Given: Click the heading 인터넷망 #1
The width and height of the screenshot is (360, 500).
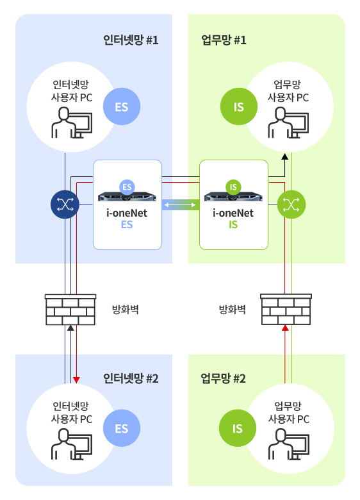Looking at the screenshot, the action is tap(131, 40).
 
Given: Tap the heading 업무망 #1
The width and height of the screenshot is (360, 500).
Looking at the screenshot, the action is tap(224, 40).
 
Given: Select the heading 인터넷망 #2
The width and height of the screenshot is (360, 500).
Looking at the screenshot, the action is tap(131, 378).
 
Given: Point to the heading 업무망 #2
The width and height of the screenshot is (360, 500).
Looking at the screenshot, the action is tap(223, 378).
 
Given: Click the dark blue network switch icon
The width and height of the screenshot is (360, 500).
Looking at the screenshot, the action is tap(65, 204).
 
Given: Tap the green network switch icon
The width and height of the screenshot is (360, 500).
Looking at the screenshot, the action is tap(291, 204).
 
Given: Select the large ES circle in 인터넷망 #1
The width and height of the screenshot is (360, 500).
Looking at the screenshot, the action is tap(122, 106).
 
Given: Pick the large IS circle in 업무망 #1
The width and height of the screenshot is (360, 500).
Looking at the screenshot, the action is tap(239, 106).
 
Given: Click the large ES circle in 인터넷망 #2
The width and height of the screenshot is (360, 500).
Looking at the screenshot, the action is tap(122, 428).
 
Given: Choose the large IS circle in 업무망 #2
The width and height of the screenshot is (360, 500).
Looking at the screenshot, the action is tap(238, 428).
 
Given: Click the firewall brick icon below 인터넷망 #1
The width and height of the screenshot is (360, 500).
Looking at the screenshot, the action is tap(70, 310).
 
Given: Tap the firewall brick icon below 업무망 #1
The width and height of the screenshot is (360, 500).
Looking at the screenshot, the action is tap(286, 310).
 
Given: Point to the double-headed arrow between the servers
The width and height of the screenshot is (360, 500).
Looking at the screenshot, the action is tap(180, 204).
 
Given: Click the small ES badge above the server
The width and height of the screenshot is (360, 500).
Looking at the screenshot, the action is tap(127, 187).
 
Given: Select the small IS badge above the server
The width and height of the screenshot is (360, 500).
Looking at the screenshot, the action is tap(233, 187).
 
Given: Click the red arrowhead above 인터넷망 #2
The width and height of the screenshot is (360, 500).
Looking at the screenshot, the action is tap(76, 379).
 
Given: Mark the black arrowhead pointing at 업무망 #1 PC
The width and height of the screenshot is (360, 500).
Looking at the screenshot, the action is tap(285, 156).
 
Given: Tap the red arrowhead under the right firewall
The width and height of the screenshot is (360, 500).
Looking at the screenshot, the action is tap(286, 328).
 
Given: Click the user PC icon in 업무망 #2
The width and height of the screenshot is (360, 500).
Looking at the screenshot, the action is tap(288, 444).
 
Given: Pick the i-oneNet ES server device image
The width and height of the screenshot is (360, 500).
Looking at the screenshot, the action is tap(127, 196).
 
